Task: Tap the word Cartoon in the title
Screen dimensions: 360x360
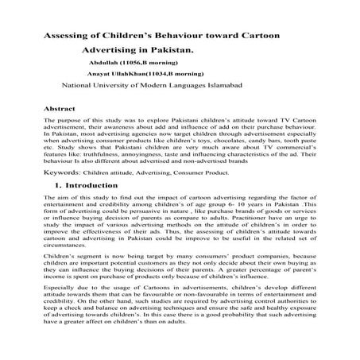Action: pos(262,37)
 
